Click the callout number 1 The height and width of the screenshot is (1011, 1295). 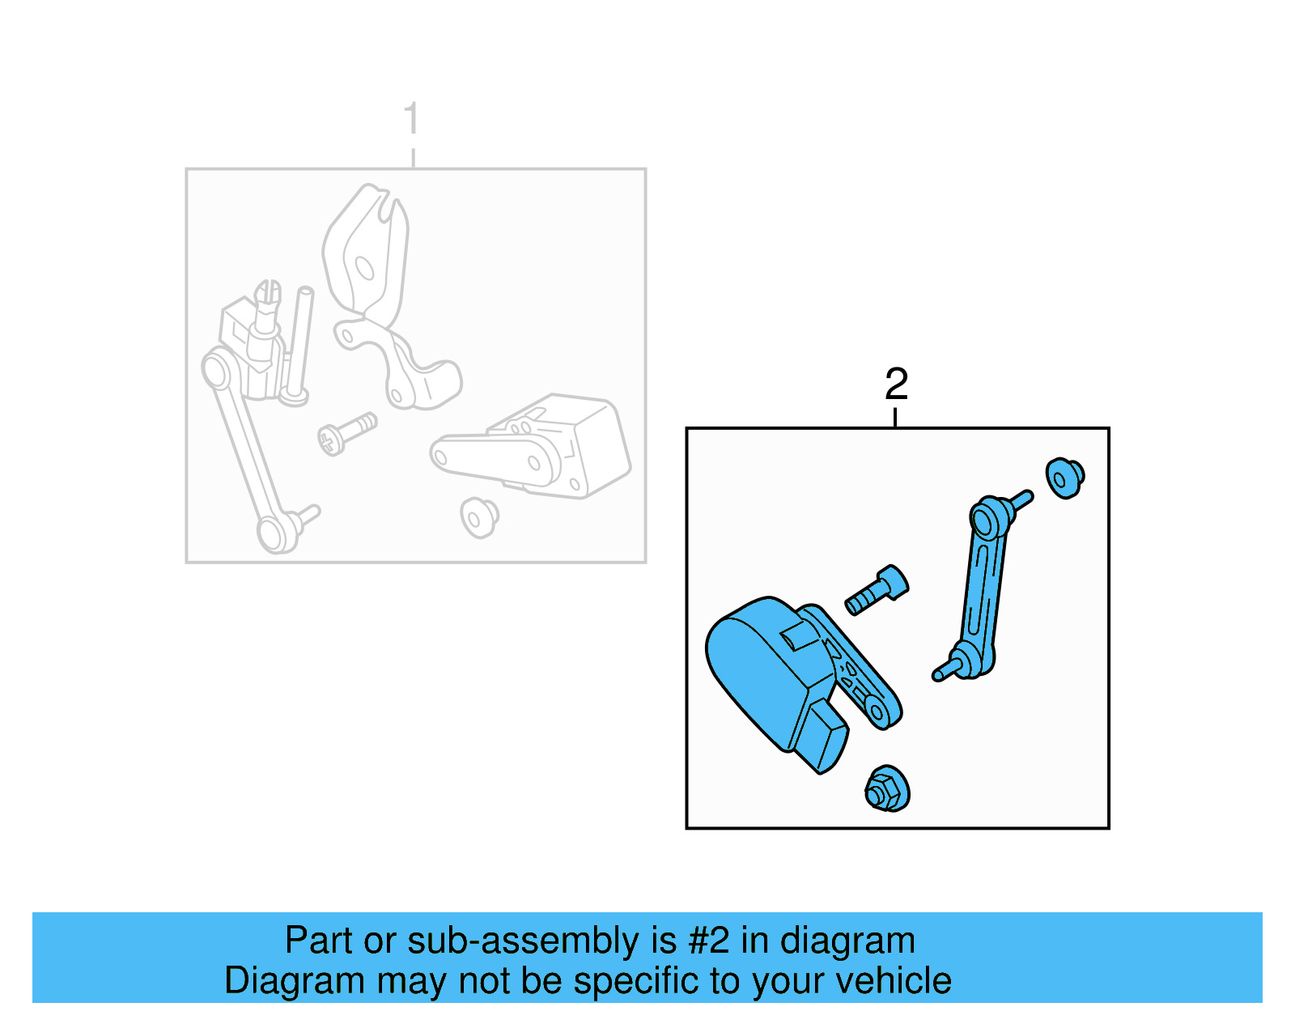point(411,119)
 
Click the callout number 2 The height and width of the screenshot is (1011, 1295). point(896,384)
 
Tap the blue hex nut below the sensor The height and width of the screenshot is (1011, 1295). point(886,789)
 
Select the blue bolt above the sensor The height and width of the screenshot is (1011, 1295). point(877,591)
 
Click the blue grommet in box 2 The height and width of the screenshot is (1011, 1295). point(1064,478)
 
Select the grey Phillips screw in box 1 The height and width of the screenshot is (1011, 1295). point(346,433)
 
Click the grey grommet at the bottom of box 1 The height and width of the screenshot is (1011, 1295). point(479,516)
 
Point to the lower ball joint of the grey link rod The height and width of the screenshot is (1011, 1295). point(274,533)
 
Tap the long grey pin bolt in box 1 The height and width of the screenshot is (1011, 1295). point(299,344)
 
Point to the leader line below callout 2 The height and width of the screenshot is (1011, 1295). point(895,418)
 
